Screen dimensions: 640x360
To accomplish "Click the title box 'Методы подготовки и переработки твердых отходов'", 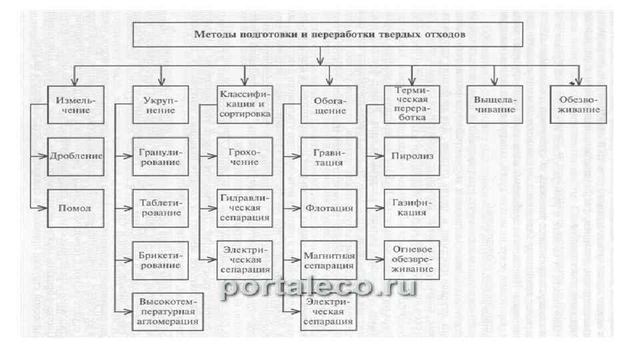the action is [x=321, y=34].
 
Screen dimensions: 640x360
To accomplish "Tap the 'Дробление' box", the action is [x=75, y=156].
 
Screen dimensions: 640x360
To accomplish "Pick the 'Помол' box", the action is [x=75, y=208].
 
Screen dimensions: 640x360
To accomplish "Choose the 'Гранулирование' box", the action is [x=160, y=156].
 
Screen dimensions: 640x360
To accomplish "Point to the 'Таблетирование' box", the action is [x=160, y=208].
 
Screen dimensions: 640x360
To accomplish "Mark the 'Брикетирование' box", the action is [x=160, y=260].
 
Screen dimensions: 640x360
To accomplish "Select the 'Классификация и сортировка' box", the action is [x=244, y=104].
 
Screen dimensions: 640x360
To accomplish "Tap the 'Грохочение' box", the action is [x=244, y=156].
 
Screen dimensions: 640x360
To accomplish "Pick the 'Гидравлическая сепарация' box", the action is [x=244, y=208].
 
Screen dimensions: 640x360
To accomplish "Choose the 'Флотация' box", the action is [x=329, y=208].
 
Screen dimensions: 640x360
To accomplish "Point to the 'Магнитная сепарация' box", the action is [x=329, y=260].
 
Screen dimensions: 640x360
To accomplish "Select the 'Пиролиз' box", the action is [x=411, y=156].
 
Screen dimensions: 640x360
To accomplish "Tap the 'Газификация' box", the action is [x=411, y=208].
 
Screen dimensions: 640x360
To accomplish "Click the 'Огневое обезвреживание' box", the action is [x=411, y=260].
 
